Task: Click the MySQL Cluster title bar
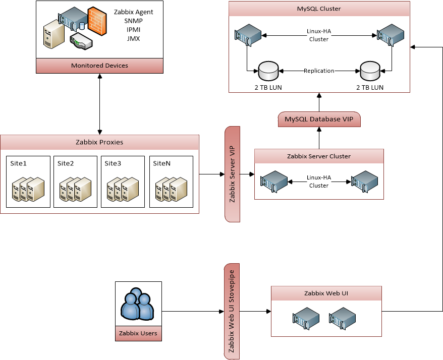(x=318, y=9)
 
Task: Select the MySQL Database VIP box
(x=319, y=119)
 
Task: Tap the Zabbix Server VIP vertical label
(x=232, y=174)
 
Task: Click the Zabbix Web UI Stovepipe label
(x=232, y=311)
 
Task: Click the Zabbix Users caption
(x=138, y=333)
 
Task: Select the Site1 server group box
(x=28, y=182)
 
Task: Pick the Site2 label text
(x=66, y=163)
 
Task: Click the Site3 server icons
(x=123, y=189)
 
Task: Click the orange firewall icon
(x=96, y=21)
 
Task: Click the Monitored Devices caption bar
(x=99, y=66)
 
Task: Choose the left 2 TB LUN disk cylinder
(x=268, y=71)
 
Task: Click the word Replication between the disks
(x=319, y=71)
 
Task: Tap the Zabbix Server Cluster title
(x=318, y=156)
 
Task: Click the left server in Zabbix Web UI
(x=306, y=318)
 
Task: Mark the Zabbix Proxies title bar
(x=99, y=142)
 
